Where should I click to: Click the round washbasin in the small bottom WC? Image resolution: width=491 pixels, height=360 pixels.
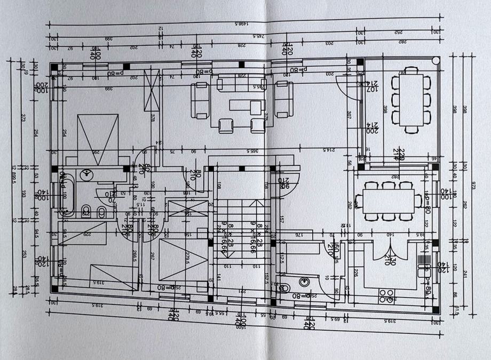[304, 281]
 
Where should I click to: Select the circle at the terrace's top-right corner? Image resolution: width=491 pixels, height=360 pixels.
[437, 60]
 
